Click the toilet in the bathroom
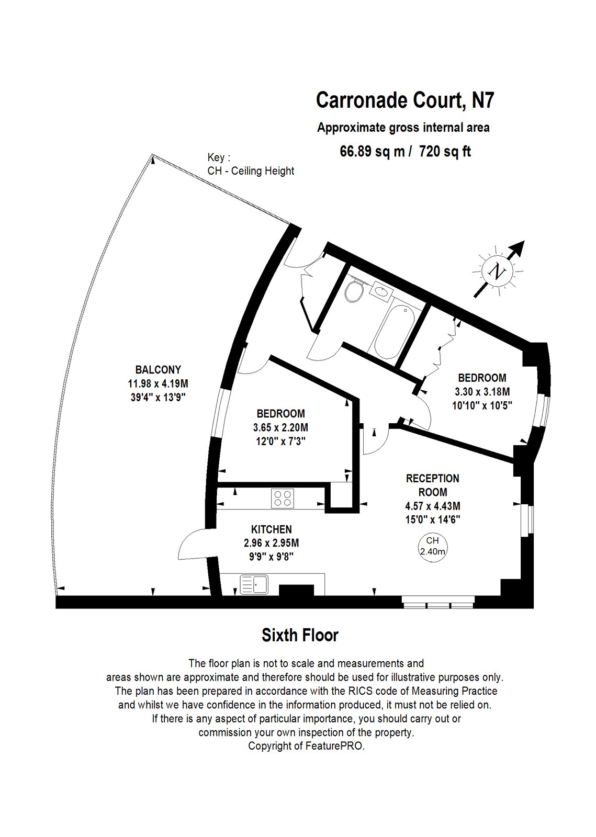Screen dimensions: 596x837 355,290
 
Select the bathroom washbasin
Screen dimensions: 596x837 379,289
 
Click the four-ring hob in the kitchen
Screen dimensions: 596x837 283,497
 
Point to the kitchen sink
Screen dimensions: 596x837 254,584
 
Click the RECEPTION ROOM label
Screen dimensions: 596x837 433,485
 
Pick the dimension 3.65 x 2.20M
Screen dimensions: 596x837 280,427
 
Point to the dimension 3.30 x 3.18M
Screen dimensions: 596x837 482,391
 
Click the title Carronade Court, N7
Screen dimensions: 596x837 404,100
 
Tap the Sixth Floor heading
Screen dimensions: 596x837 300,635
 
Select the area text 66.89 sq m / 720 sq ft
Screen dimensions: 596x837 405,151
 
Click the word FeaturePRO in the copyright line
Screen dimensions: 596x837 336,746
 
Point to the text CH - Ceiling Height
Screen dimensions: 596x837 251,171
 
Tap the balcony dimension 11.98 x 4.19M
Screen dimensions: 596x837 158,383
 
